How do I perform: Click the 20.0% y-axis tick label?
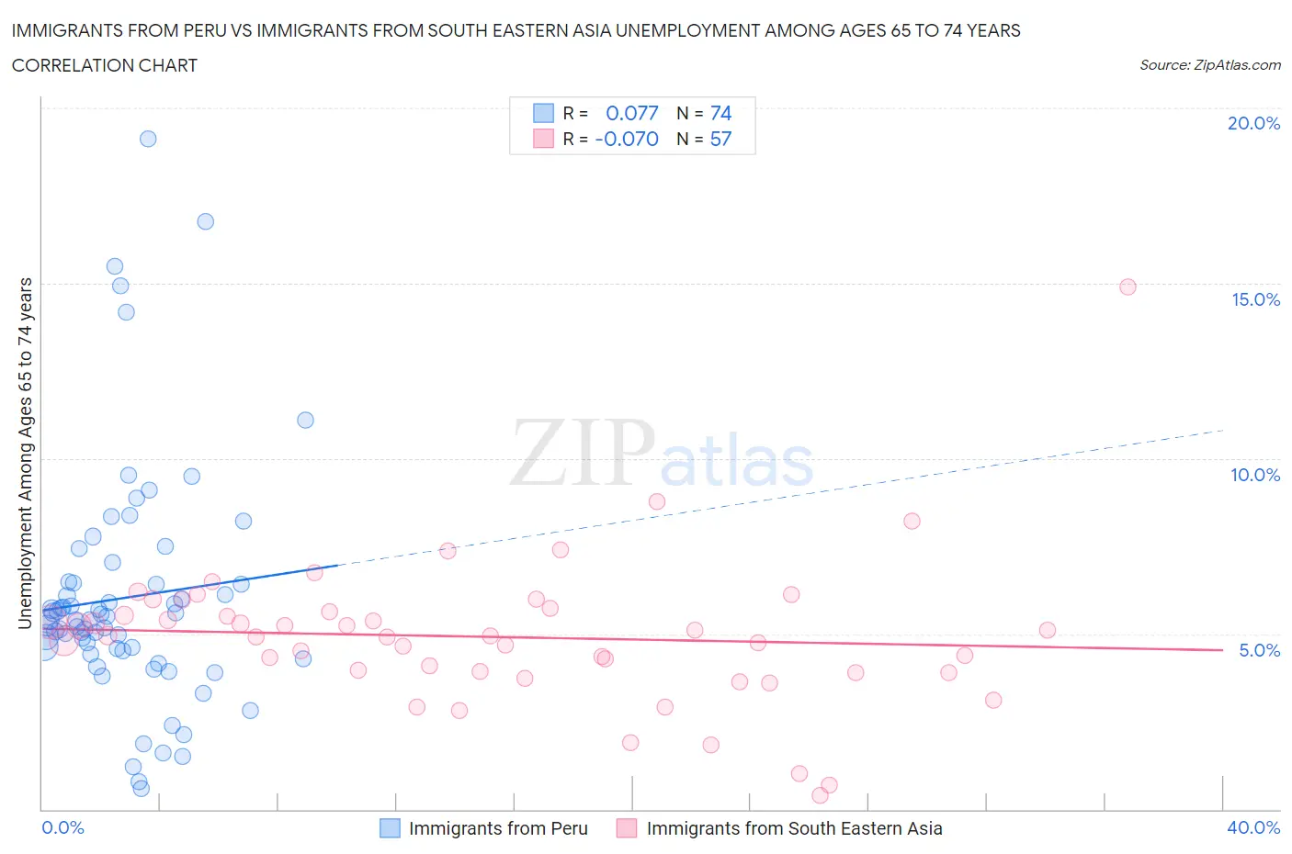point(1253,123)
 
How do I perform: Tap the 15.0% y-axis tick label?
point(1255,299)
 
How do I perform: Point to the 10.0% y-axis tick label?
point(1255,475)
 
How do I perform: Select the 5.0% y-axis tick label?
point(1259,650)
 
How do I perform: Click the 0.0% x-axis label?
point(62,827)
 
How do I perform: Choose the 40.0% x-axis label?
point(1253,827)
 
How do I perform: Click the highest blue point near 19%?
point(148,139)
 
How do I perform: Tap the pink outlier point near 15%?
point(1128,287)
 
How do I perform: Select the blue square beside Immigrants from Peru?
point(390,827)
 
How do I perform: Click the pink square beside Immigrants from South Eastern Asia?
point(627,827)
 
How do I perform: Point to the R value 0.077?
point(631,113)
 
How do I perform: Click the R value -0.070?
point(627,139)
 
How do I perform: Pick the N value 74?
point(720,113)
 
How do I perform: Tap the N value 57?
point(720,139)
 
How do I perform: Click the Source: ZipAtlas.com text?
point(1209,65)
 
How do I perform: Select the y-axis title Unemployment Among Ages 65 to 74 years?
point(25,453)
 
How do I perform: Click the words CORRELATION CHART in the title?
point(105,65)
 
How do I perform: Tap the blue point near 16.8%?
point(206,221)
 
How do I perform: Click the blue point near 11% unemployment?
point(305,420)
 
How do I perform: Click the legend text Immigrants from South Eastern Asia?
point(794,827)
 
